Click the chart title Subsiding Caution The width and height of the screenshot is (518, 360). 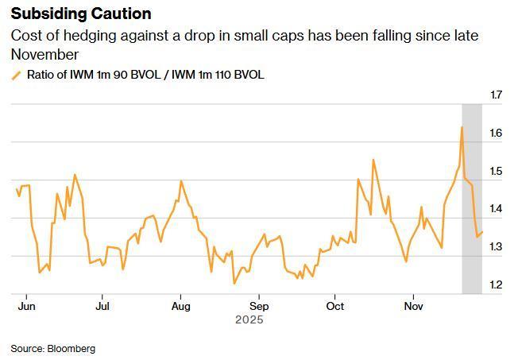[x=81, y=14]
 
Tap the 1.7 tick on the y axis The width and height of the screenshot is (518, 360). [x=497, y=95]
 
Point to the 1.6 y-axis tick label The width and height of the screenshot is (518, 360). [x=497, y=134]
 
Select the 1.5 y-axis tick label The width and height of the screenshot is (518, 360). [x=497, y=172]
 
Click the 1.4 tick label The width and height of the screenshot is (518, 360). [x=497, y=209]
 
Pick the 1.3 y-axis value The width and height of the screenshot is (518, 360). [x=497, y=247]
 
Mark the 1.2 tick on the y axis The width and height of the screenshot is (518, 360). [x=497, y=285]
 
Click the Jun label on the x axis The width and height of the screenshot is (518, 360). [x=27, y=305]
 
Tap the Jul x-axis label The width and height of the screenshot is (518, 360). [x=102, y=305]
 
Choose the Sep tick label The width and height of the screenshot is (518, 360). [x=259, y=305]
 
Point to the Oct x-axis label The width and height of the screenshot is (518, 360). [x=335, y=305]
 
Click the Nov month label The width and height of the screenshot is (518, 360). [x=413, y=305]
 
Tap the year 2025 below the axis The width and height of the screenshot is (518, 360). [x=249, y=319]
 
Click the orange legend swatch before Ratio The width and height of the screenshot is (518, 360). [x=16, y=75]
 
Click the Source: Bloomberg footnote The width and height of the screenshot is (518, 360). [x=52, y=348]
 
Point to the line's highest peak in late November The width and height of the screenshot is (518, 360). [x=462, y=127]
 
